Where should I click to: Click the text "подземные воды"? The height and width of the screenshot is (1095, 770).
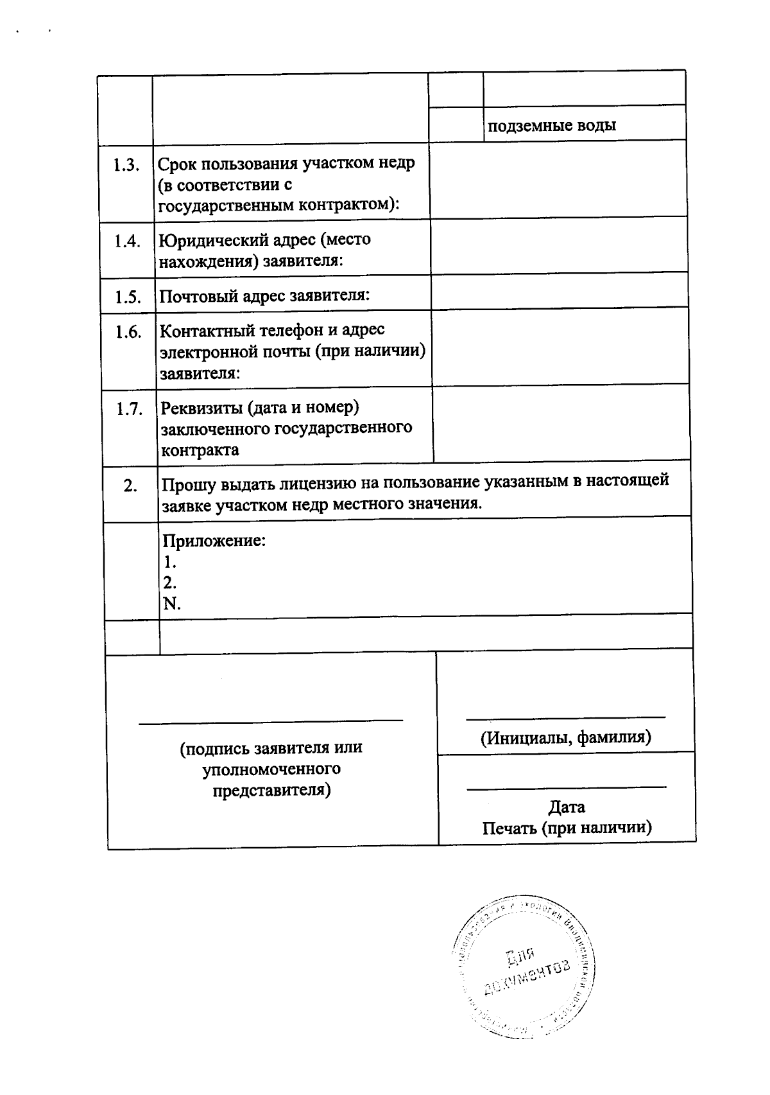552,125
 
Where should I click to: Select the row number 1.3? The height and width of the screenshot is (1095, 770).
126,165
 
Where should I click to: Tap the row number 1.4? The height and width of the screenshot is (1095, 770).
127,241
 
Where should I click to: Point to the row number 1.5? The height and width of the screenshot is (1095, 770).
128,297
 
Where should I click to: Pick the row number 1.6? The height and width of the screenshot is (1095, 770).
128,332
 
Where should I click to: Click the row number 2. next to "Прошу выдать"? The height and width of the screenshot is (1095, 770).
130,486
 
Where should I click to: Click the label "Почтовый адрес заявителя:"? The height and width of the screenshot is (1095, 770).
264,296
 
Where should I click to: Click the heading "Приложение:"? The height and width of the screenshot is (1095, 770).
214,540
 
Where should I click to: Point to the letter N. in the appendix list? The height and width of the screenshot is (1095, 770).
171,604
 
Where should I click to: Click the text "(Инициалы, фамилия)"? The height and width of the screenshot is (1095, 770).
566,737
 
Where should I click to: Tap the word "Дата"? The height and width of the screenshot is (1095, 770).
567,807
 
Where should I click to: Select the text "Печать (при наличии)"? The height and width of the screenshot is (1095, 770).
567,828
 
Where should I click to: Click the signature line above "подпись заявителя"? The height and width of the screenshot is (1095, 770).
271,721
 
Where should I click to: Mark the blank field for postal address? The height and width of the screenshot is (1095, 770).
559,292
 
